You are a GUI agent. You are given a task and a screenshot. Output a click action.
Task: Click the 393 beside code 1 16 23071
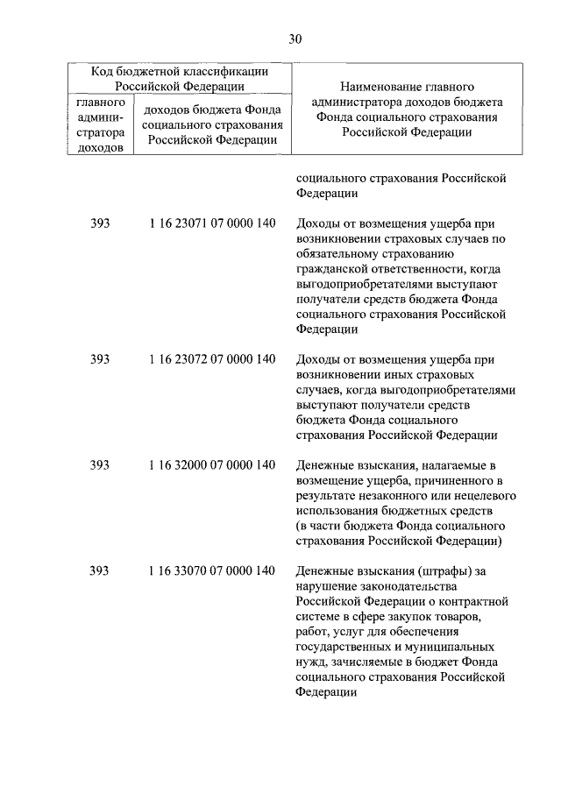100,223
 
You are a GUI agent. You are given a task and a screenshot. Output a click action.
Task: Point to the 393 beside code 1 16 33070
100,570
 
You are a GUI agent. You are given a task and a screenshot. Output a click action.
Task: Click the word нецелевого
474,495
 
